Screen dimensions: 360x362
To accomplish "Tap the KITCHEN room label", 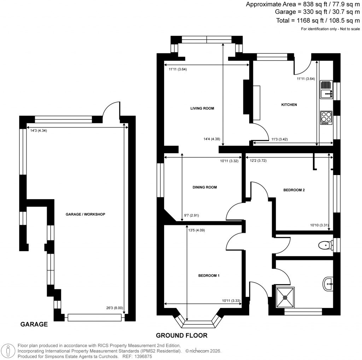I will tap(289, 105).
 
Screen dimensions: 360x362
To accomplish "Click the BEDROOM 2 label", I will tap(294, 190).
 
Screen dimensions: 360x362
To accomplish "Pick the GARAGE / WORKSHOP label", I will tap(85, 214).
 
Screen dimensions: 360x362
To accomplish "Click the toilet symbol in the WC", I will tap(325, 245).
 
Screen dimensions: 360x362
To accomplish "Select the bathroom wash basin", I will tap(328, 283).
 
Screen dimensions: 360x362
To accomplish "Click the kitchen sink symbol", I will tap(326, 90).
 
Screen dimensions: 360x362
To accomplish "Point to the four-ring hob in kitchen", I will tap(326, 117).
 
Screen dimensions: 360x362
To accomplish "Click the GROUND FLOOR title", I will tap(182, 335).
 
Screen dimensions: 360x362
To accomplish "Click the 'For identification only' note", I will tap(330, 29).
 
